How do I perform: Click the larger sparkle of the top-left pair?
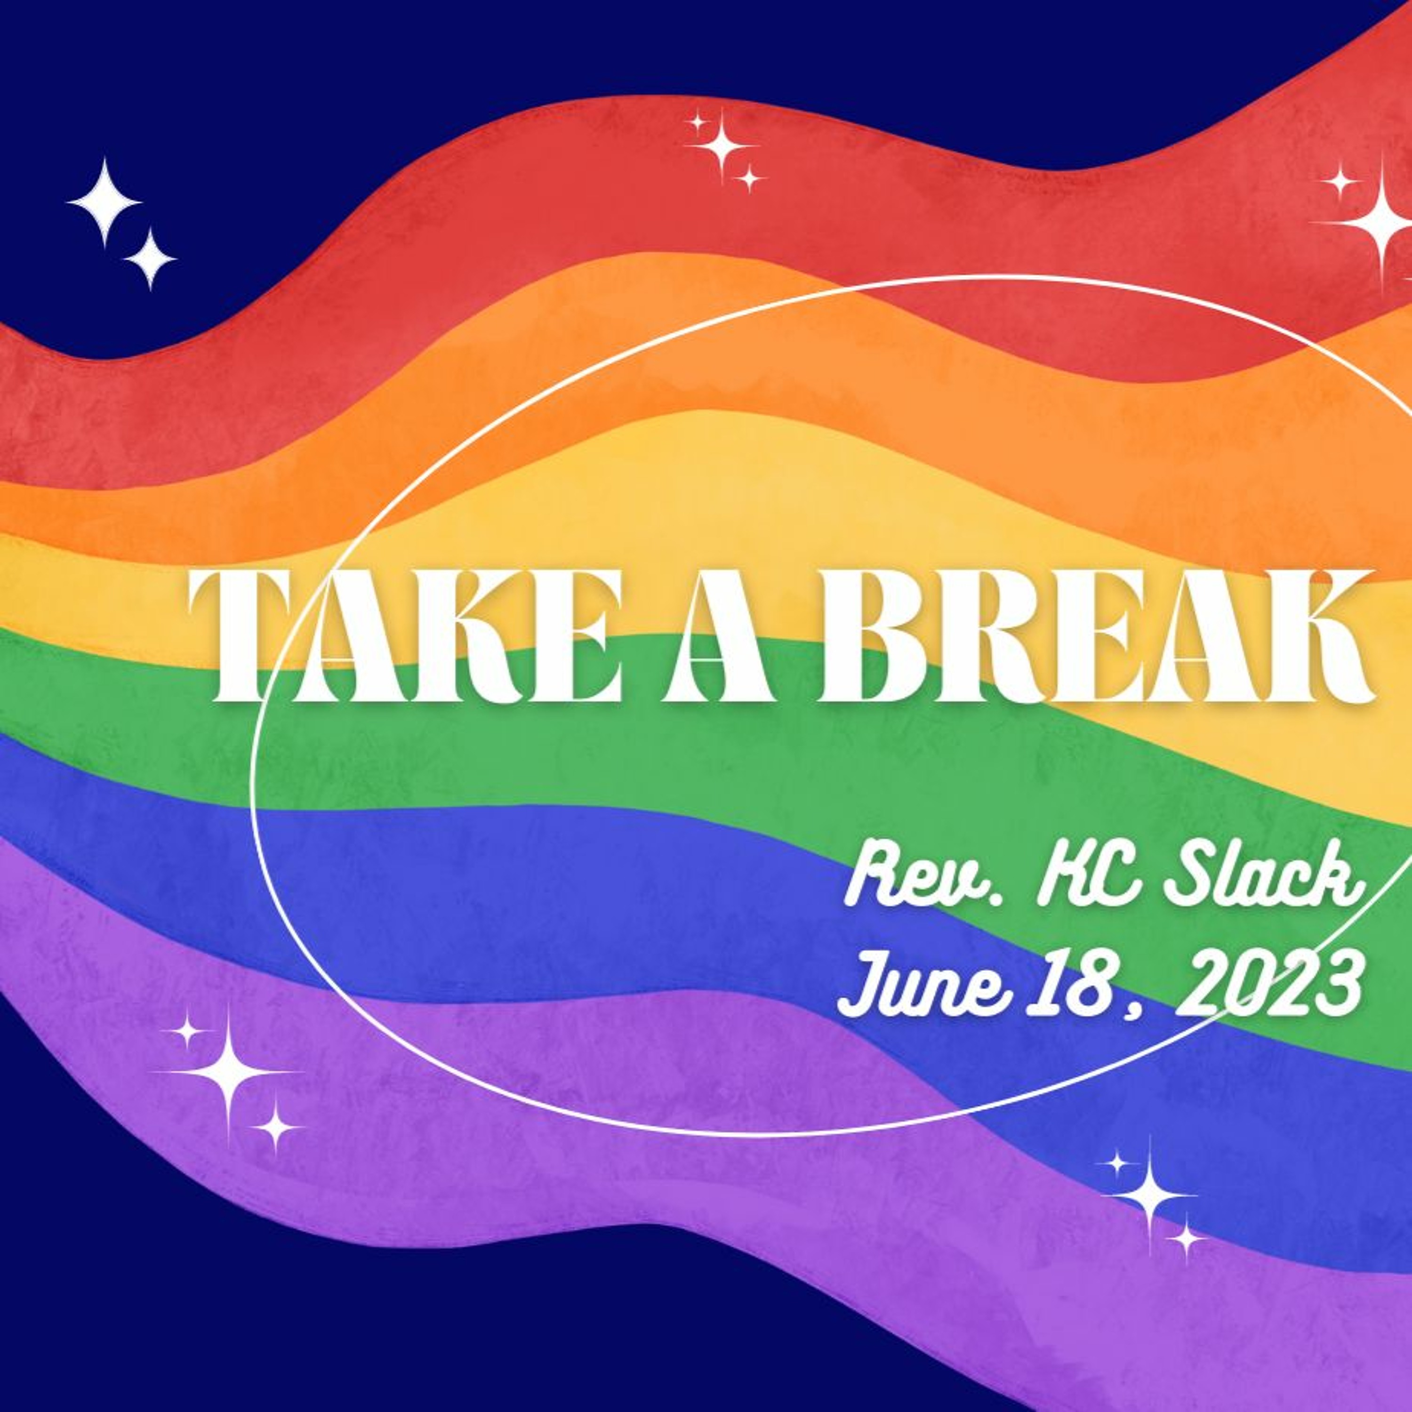[104, 202]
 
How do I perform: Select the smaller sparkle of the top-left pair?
[150, 259]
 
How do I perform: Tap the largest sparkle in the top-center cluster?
[722, 146]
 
